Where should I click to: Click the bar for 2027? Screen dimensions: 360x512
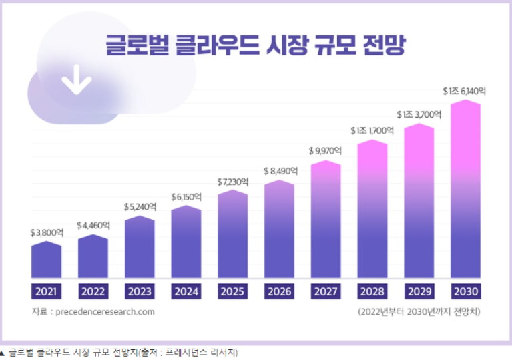click(x=326, y=220)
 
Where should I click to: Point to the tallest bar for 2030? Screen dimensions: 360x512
click(x=466, y=190)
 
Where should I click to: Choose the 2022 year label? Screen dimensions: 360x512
click(x=93, y=291)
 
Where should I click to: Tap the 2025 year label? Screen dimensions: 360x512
click(x=233, y=291)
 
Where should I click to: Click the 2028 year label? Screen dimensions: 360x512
click(x=372, y=291)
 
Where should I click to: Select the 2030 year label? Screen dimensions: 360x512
click(x=466, y=291)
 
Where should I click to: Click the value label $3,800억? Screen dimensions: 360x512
click(x=47, y=233)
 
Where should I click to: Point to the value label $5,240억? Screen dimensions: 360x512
click(x=140, y=207)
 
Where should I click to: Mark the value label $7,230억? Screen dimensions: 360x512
click(x=233, y=182)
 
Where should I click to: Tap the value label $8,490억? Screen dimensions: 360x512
click(x=280, y=171)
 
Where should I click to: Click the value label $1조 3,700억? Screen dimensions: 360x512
click(x=419, y=114)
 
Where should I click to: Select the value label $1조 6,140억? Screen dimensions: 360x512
click(x=466, y=91)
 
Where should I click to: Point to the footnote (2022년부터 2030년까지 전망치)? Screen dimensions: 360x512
click(x=419, y=311)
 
